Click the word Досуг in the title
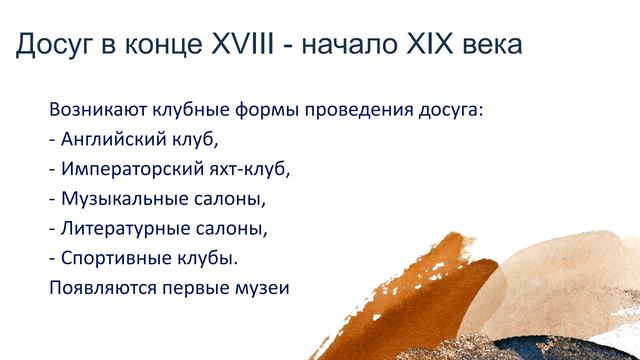(x=52, y=44)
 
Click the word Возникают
(x=97, y=108)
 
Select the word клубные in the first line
(x=190, y=108)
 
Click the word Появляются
(x=99, y=288)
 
